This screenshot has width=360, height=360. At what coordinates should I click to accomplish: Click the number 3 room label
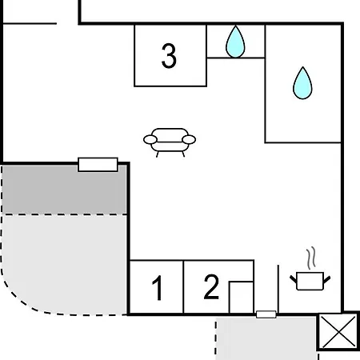(169, 56)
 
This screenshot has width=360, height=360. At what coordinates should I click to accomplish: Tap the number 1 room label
(158, 288)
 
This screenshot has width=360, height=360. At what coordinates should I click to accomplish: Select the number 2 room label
(211, 286)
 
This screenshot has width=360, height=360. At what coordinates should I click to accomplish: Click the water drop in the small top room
(235, 42)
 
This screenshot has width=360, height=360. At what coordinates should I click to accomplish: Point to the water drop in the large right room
(302, 83)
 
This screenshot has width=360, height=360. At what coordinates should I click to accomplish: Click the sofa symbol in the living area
(170, 142)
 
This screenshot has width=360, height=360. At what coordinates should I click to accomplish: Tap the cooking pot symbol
(310, 281)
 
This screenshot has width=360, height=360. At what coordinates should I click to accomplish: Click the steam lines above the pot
(311, 258)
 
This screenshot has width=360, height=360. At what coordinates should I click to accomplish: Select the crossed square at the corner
(338, 331)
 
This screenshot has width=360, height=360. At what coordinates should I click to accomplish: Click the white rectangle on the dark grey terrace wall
(98, 164)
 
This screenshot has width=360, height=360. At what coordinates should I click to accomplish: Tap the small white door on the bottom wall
(266, 314)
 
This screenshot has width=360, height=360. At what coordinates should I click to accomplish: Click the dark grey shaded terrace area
(64, 189)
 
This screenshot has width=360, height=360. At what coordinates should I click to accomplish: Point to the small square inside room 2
(241, 298)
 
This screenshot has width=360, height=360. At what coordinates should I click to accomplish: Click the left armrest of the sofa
(150, 139)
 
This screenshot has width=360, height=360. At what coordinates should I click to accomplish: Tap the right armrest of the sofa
(189, 139)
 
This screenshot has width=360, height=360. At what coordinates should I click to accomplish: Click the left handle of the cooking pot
(294, 279)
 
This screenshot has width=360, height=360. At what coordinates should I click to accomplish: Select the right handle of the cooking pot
(327, 279)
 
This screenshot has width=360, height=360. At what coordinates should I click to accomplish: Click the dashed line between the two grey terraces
(64, 214)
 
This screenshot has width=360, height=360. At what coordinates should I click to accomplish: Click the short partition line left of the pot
(278, 289)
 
